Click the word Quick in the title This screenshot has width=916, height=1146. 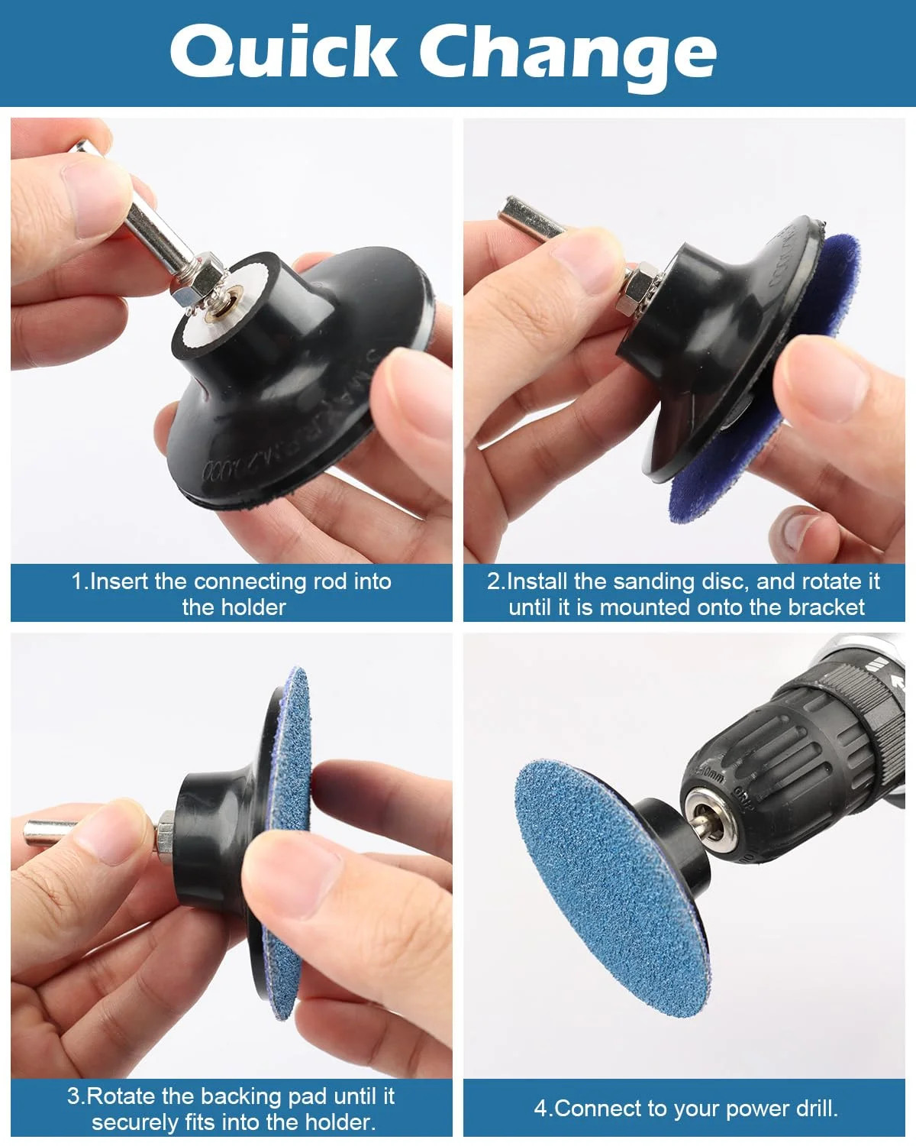(x=283, y=52)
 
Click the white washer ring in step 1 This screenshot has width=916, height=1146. (x=230, y=314)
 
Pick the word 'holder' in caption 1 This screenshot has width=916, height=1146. (x=253, y=607)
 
